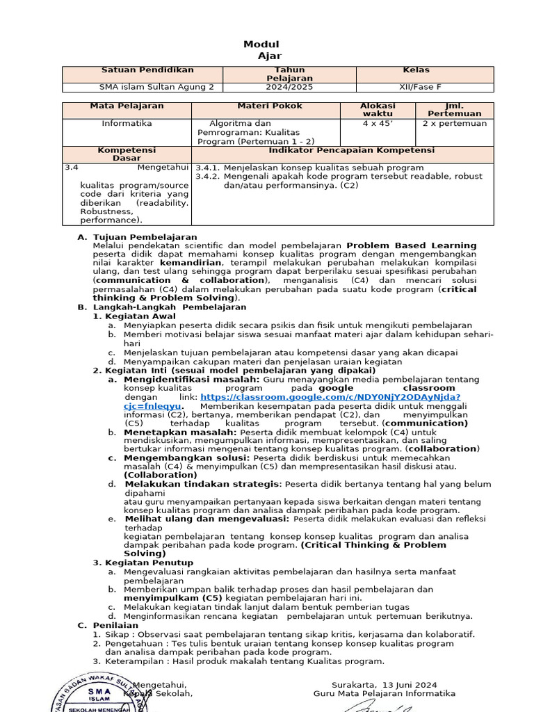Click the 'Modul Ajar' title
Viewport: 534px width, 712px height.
pos(262,50)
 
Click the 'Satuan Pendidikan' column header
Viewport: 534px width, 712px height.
pos(147,70)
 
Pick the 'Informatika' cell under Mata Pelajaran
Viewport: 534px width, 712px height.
pos(127,124)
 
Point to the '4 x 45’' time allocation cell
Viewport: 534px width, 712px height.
pos(378,124)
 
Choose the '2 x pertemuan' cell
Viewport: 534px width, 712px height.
pos(455,124)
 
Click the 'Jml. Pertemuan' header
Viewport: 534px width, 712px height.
pos(454,110)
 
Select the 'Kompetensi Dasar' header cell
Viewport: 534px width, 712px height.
pos(127,154)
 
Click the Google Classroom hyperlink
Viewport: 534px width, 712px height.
pos(330,397)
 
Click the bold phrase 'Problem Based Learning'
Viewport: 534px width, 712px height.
pos(412,245)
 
